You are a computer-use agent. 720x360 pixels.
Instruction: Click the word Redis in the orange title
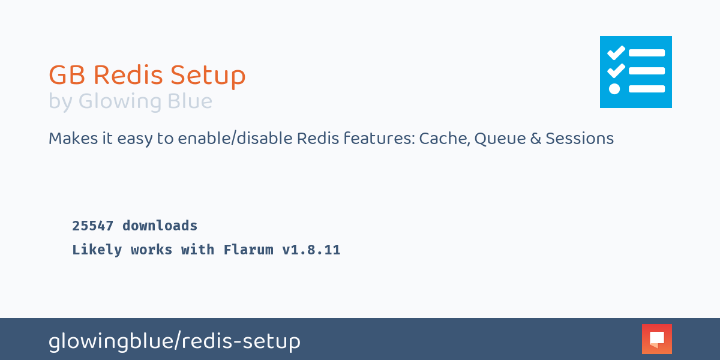pos(128,76)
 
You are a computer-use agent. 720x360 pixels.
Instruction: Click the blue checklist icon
pos(636,72)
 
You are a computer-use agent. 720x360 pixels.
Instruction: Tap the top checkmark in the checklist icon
pos(616,53)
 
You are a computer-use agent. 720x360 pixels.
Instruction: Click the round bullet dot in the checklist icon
pos(614,89)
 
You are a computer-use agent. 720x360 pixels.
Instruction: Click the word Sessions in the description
pos(580,139)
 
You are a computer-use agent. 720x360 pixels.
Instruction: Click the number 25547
pos(92,226)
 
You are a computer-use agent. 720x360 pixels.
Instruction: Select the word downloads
pos(160,226)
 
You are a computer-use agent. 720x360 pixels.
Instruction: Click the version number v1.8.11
pos(311,250)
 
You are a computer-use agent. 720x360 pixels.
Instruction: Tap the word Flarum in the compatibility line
pos(248,250)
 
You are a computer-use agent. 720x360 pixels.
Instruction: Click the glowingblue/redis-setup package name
pos(174,341)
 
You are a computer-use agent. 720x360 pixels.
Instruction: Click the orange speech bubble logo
pos(656,339)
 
